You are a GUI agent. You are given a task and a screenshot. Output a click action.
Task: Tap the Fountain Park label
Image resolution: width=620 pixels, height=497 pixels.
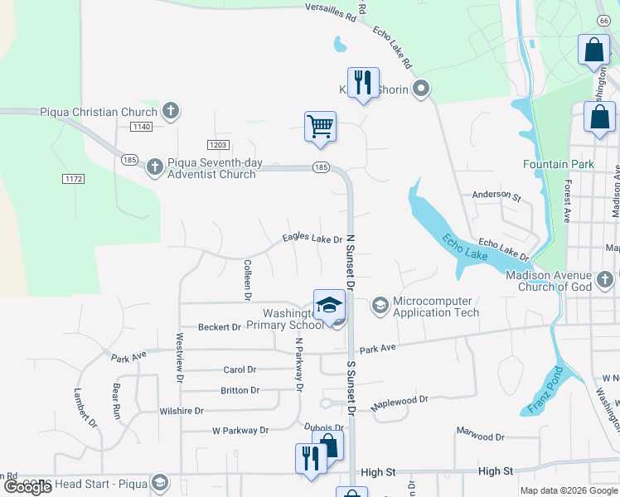558,164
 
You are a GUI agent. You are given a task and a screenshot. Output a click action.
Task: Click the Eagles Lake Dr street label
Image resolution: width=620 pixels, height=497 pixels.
312,239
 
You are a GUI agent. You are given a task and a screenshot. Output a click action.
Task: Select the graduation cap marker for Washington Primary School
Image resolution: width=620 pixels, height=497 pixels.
329,304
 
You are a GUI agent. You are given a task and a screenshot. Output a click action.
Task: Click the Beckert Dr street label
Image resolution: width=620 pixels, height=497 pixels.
219,327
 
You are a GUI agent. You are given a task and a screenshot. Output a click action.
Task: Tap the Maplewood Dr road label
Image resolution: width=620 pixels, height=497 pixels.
400,399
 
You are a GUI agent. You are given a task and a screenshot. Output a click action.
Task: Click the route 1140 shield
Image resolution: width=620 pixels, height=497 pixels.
141,126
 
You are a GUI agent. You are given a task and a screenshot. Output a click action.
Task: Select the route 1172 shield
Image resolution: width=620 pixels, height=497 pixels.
74,178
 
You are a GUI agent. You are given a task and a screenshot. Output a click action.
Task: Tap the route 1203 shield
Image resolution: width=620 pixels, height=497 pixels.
219,145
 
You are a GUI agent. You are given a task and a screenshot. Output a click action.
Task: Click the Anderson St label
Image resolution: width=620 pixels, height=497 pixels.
496,196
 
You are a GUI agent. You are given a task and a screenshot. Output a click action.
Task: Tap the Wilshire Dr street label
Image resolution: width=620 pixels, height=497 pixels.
182,411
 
